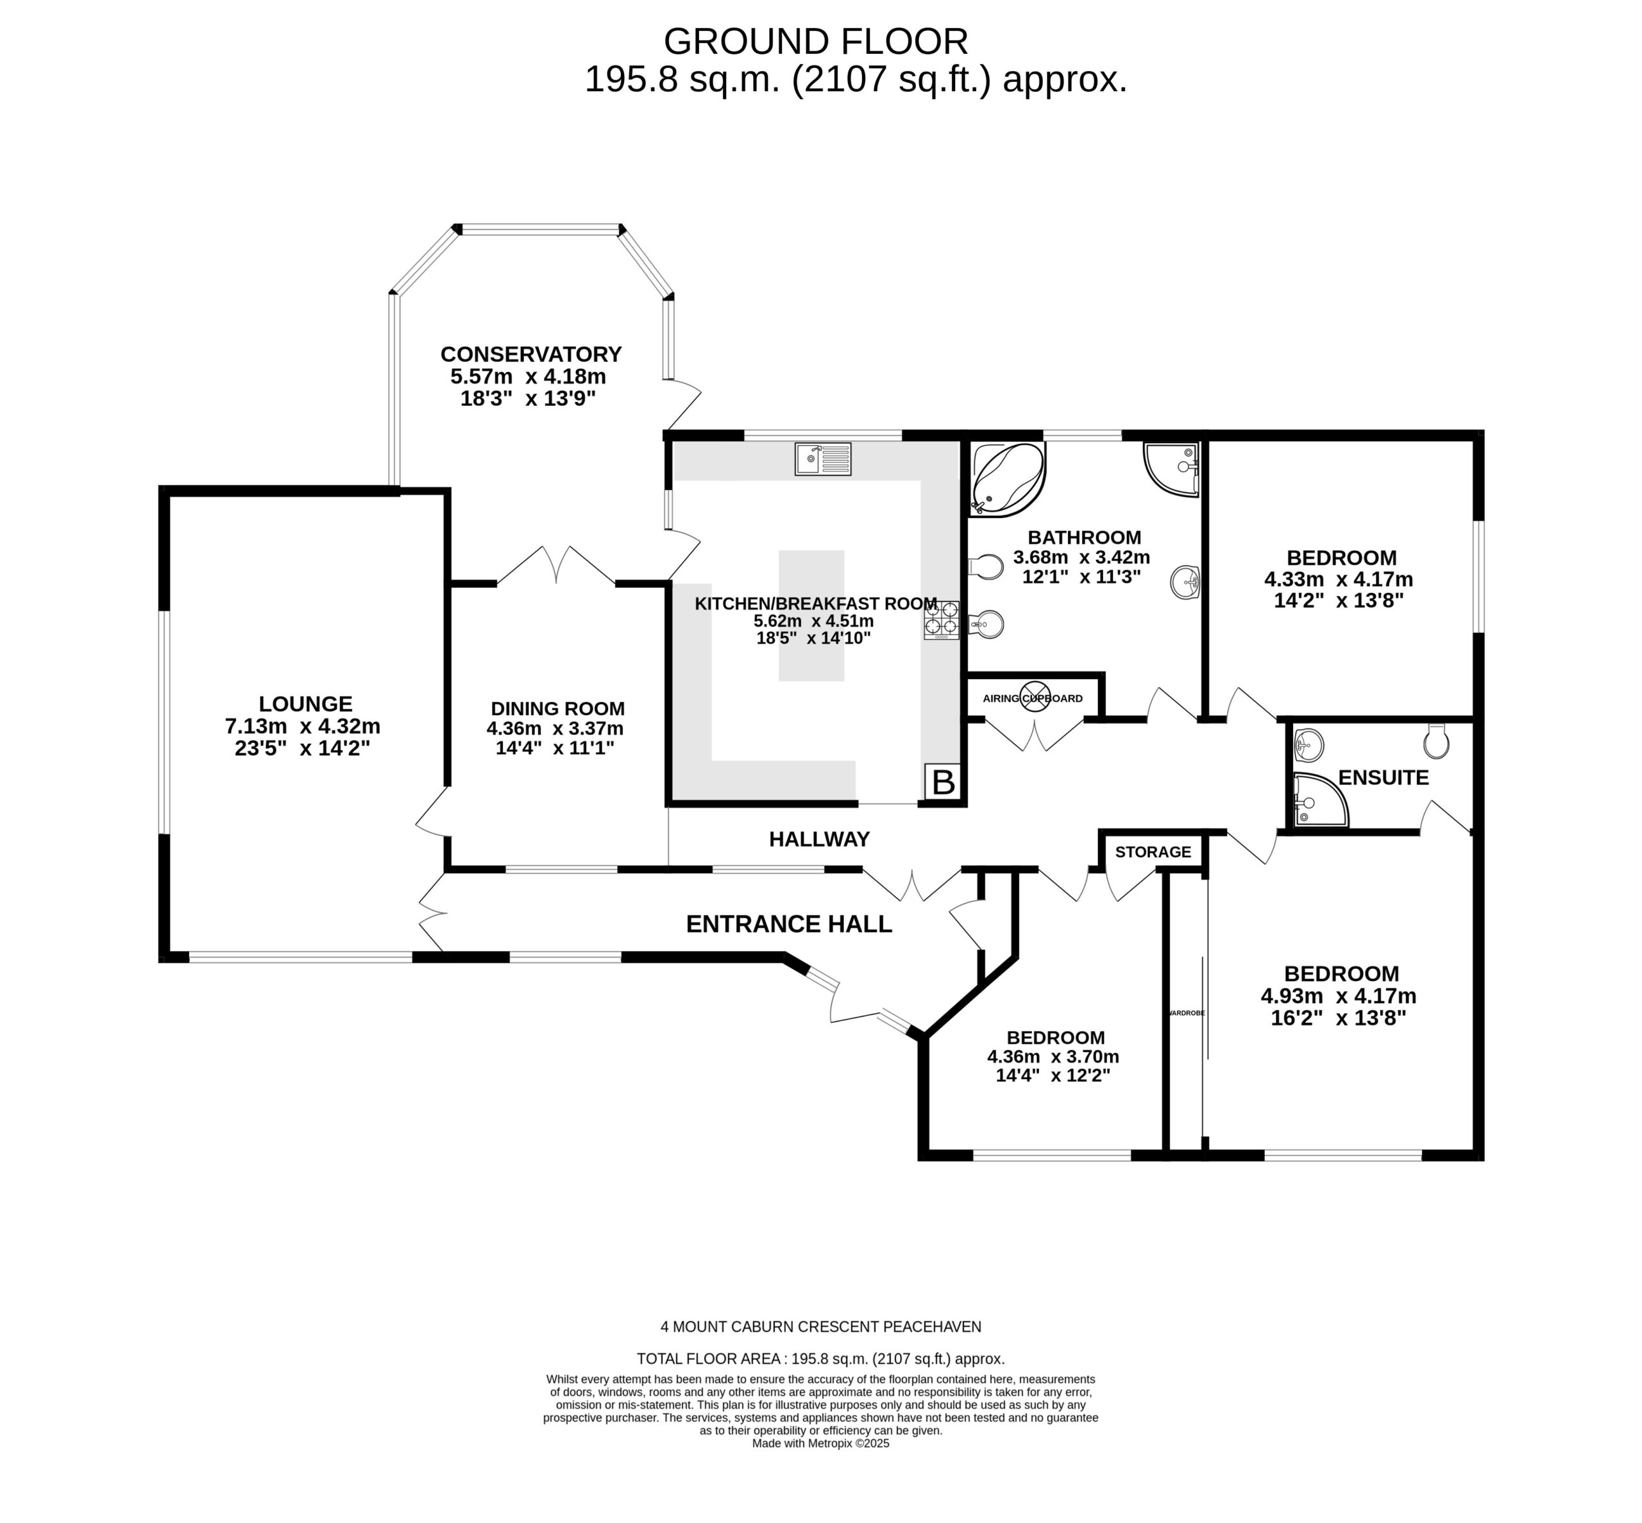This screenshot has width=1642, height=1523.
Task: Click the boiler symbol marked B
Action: click(x=942, y=780)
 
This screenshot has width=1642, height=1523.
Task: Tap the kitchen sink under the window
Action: click(x=822, y=459)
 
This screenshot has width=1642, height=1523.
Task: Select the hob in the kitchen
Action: click(x=940, y=619)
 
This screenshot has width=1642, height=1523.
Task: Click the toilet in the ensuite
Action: click(x=1435, y=740)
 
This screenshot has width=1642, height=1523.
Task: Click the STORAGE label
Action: click(x=1153, y=852)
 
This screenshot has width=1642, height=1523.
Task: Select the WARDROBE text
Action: click(x=1185, y=1013)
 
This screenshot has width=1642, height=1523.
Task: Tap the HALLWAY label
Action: click(x=818, y=839)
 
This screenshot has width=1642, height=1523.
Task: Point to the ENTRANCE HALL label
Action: click(x=789, y=924)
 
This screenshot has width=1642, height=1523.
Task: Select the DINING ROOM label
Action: click(x=557, y=708)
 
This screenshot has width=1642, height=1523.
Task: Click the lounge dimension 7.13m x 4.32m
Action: click(x=303, y=726)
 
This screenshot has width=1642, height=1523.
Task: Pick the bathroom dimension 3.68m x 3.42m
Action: click(x=1081, y=557)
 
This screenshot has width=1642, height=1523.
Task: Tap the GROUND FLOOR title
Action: click(x=815, y=41)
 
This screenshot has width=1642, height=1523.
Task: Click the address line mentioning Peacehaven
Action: click(x=820, y=1326)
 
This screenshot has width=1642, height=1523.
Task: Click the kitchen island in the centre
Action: click(x=811, y=615)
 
